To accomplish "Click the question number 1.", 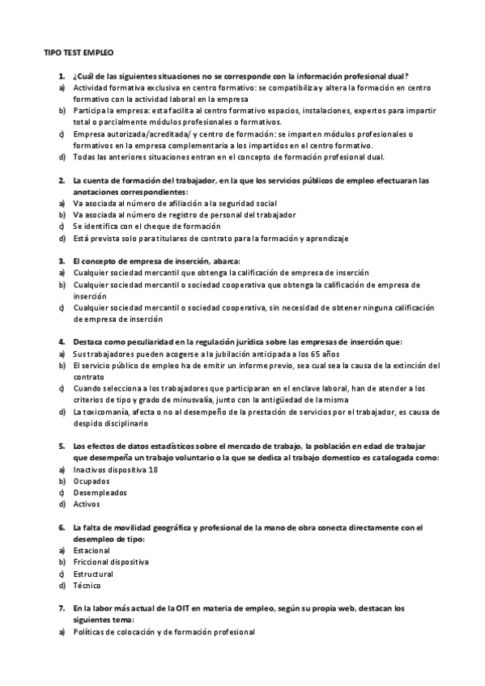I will pyautogui.click(x=61, y=74).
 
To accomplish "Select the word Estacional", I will pyautogui.click(x=91, y=550).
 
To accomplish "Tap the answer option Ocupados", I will pyautogui.click(x=90, y=481).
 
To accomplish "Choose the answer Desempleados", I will pyautogui.click(x=100, y=492).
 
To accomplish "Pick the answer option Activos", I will pyautogui.click(x=87, y=503).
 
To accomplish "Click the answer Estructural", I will pyautogui.click(x=94, y=573).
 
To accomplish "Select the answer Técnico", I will pyautogui.click(x=87, y=585).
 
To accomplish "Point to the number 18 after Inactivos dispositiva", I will pyautogui.click(x=152, y=469).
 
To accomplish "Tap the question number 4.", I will pyautogui.click(x=61, y=342).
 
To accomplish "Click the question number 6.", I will pyautogui.click(x=61, y=527).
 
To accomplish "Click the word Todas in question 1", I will pyautogui.click(x=86, y=156).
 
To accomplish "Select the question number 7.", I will pyautogui.click(x=61, y=608).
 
